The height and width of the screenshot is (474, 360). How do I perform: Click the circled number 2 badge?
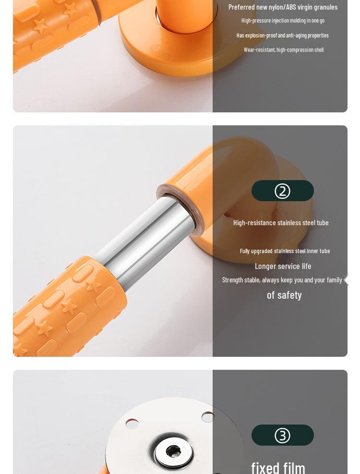(282, 191)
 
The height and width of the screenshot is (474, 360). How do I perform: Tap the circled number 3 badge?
(282, 435)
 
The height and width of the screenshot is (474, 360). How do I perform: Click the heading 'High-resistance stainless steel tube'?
(281, 222)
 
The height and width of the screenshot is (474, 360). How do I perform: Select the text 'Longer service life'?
(283, 266)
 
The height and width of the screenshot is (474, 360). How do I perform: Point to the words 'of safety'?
(284, 295)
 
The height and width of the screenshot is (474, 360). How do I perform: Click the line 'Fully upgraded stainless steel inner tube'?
(285, 251)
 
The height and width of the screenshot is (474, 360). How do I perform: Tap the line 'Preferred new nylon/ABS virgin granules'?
(283, 7)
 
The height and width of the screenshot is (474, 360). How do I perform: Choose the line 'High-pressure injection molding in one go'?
(283, 20)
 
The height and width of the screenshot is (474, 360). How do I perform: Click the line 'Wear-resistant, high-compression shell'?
(283, 49)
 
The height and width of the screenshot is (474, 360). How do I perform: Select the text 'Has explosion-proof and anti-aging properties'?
(282, 35)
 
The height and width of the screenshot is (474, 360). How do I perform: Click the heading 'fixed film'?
(278, 467)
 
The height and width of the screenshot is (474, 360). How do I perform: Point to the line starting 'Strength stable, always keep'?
(282, 280)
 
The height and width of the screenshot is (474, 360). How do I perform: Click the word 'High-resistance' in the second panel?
(253, 222)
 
